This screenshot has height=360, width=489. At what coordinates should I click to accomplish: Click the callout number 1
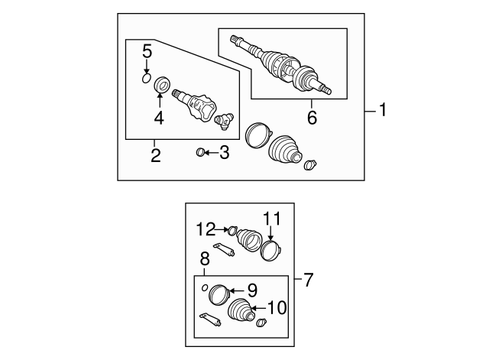tap(383, 112)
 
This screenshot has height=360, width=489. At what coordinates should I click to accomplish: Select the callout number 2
tap(155, 156)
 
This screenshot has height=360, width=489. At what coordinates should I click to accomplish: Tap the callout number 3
tap(223, 153)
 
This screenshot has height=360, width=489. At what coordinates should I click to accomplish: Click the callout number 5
tap(147, 52)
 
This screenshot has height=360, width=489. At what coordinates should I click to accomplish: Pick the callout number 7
tap(309, 280)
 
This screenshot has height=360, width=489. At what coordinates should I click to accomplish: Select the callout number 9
tap(251, 290)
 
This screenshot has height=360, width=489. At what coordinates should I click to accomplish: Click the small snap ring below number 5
tap(147, 76)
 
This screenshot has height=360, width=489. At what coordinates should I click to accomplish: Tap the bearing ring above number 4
tap(162, 84)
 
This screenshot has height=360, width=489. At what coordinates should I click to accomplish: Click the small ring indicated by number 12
tap(232, 229)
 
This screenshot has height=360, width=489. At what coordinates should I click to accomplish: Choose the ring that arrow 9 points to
tap(220, 294)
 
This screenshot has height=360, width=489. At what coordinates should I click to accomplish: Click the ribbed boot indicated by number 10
tap(241, 314)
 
